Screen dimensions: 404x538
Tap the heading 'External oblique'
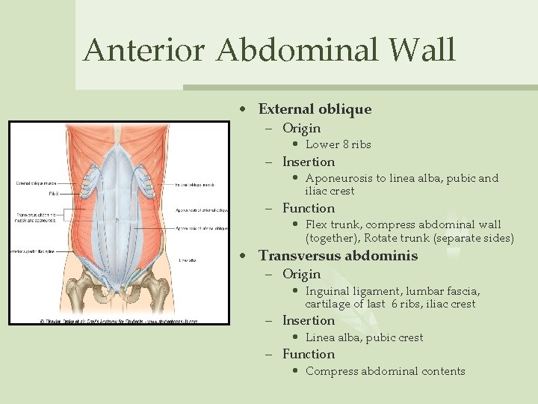coord(315,109)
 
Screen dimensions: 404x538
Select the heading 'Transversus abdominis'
coord(338,256)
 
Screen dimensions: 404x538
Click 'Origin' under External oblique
coord(301,128)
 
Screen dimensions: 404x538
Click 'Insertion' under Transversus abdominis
coord(309,320)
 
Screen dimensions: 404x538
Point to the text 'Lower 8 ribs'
coord(338,144)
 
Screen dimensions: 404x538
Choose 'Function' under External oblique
coord(309,208)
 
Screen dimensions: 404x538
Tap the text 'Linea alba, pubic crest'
coord(364,337)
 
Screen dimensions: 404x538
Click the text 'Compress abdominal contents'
coord(385,371)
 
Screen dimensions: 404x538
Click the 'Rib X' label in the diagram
coord(55,193)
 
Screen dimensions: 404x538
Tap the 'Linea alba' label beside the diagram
coord(188,260)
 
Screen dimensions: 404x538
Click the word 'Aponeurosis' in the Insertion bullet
coord(339,179)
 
